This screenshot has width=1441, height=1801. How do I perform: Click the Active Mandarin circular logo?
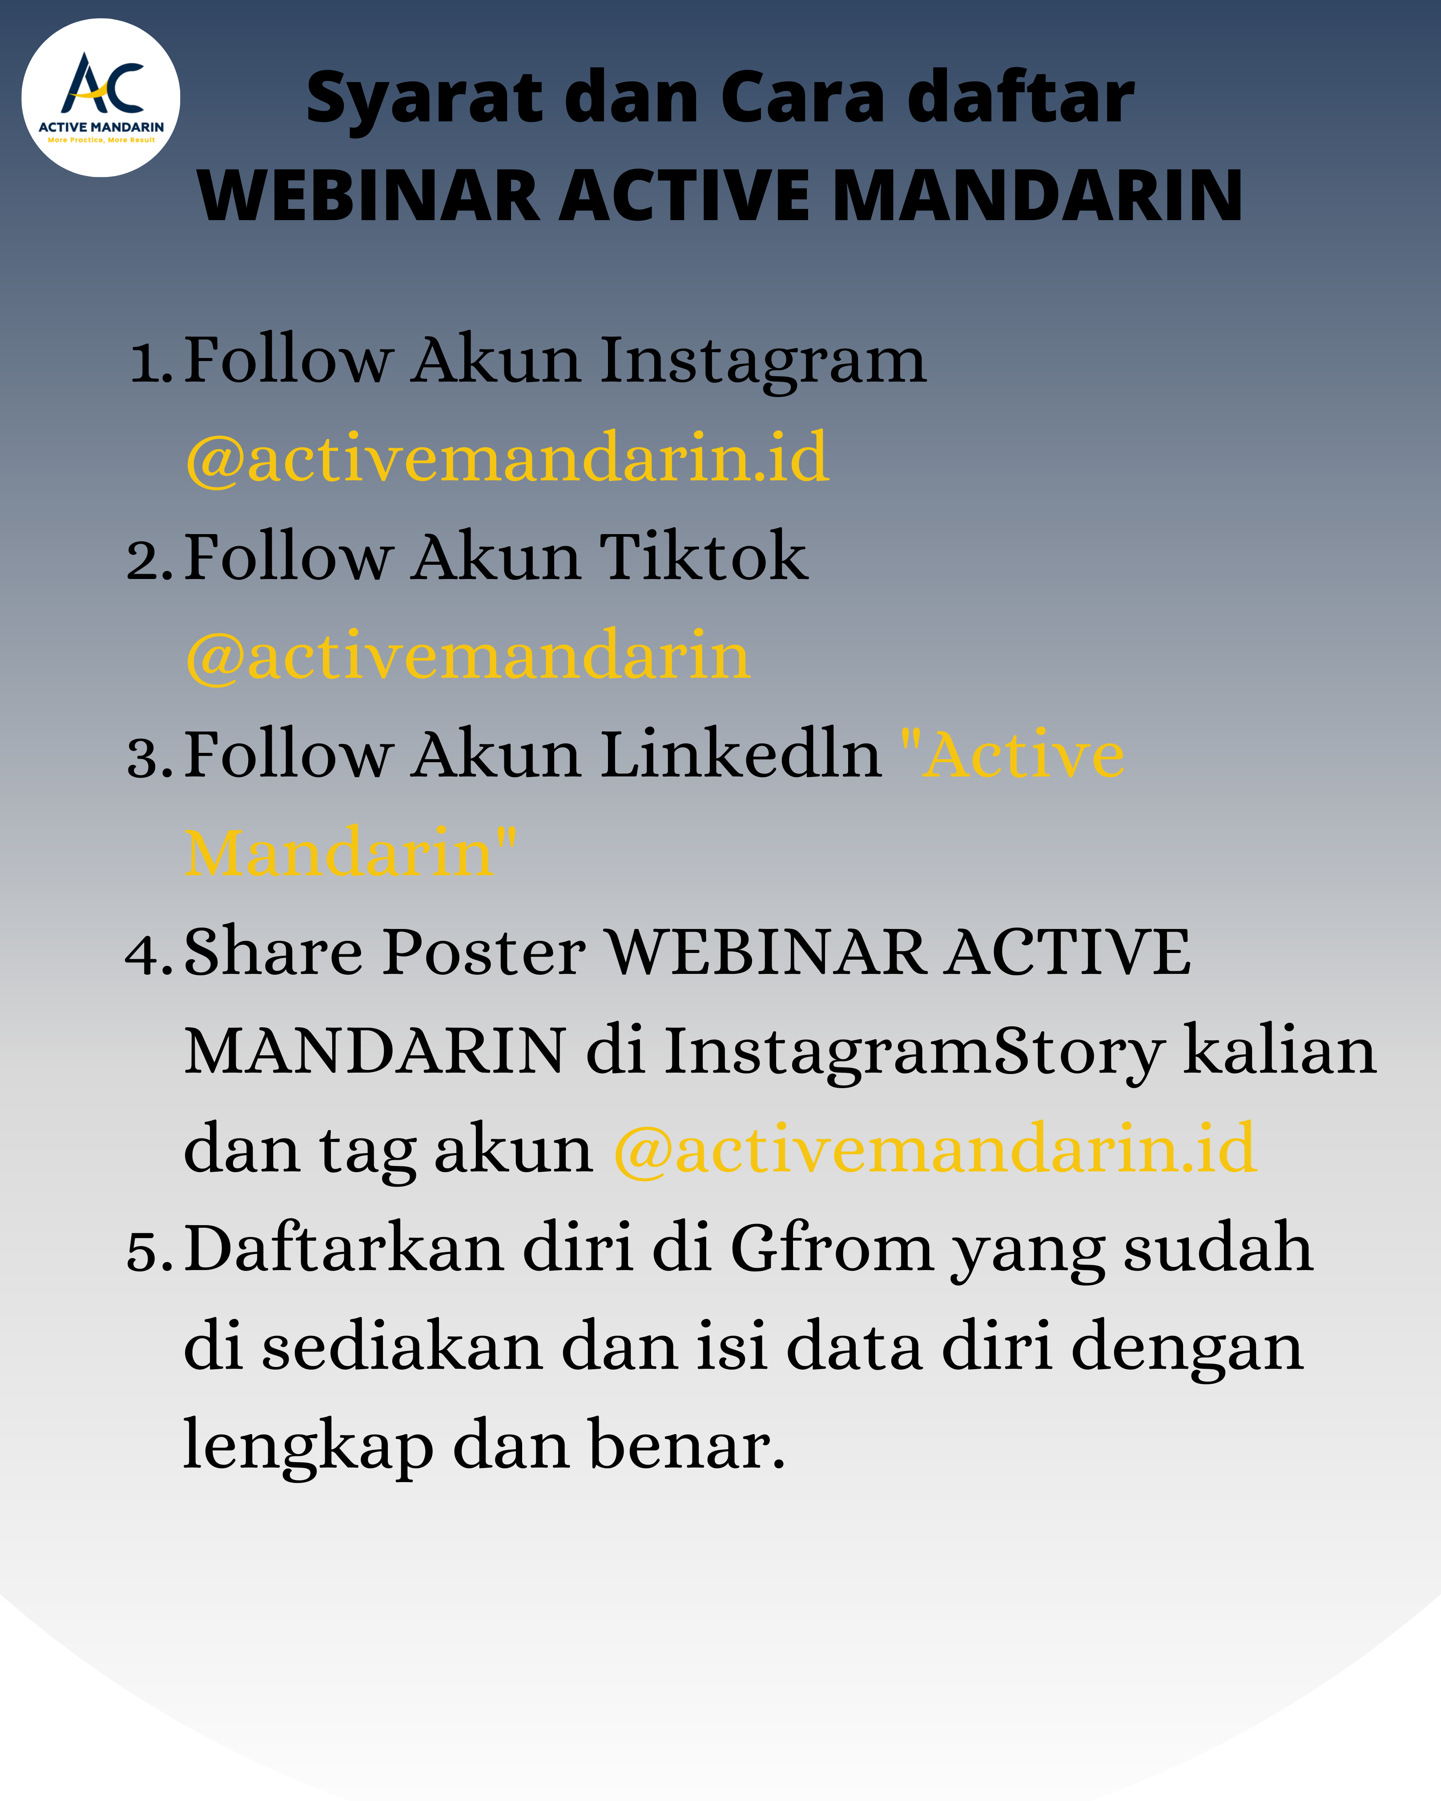pyautogui.click(x=100, y=98)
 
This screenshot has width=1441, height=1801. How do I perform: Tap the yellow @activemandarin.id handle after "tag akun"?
pyautogui.click(x=936, y=1149)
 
